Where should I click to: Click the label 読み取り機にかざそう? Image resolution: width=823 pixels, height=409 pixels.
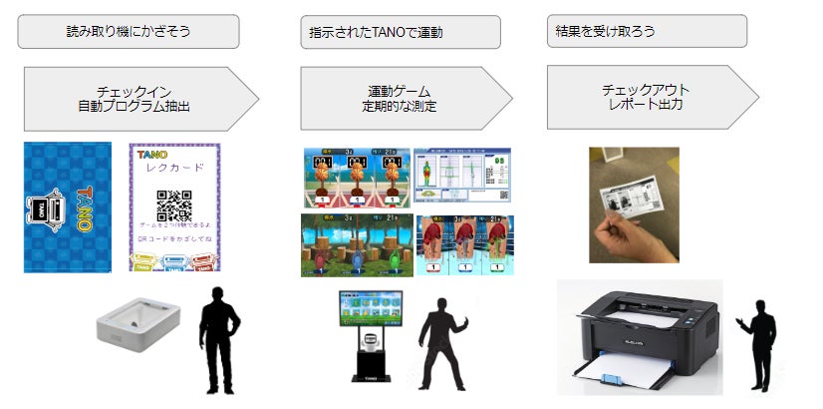pos(128,31)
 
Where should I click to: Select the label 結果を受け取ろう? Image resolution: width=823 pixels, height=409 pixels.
pos(647,30)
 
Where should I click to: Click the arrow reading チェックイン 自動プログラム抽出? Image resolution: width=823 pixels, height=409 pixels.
pos(134,98)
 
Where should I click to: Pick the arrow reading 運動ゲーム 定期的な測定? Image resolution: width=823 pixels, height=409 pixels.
pos(400,98)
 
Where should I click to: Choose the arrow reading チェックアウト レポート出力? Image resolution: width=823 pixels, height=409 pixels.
pos(646,97)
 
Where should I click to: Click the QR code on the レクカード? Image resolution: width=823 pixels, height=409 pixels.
pos(174,204)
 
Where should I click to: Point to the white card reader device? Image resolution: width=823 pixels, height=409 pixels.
pos(137,330)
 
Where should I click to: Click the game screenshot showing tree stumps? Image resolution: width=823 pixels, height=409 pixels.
pos(356,244)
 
